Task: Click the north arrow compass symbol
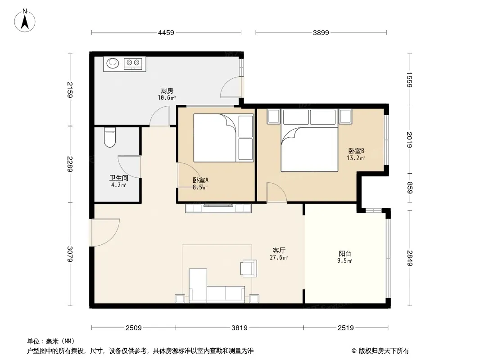(25, 21)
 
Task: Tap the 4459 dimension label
(166, 33)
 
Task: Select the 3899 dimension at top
(321, 33)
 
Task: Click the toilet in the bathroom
(109, 137)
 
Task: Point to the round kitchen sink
(113, 63)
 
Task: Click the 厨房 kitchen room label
(167, 91)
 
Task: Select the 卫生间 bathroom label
(119, 178)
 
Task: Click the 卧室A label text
(200, 180)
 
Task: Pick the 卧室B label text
(356, 151)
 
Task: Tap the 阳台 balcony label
(345, 253)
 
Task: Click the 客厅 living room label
(279, 251)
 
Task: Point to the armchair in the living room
(249, 268)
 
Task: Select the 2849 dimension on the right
(410, 258)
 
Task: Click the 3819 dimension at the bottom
(240, 328)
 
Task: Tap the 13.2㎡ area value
(356, 158)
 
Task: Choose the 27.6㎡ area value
(279, 257)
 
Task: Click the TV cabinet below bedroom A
(218, 208)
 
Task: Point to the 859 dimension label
(410, 188)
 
